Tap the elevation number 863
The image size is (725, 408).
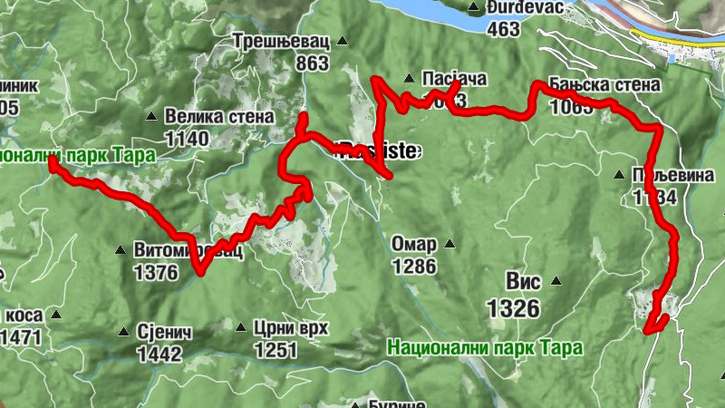coord(312,63)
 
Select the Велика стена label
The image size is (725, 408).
coord(220,117)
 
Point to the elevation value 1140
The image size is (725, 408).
coord(187,139)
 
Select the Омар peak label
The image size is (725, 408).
coord(414,246)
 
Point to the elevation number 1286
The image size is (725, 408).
coord(414,267)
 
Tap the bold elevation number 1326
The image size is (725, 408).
coord(513,309)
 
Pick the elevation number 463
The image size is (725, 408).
coord(503,29)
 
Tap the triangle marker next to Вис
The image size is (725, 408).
coord(556,283)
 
